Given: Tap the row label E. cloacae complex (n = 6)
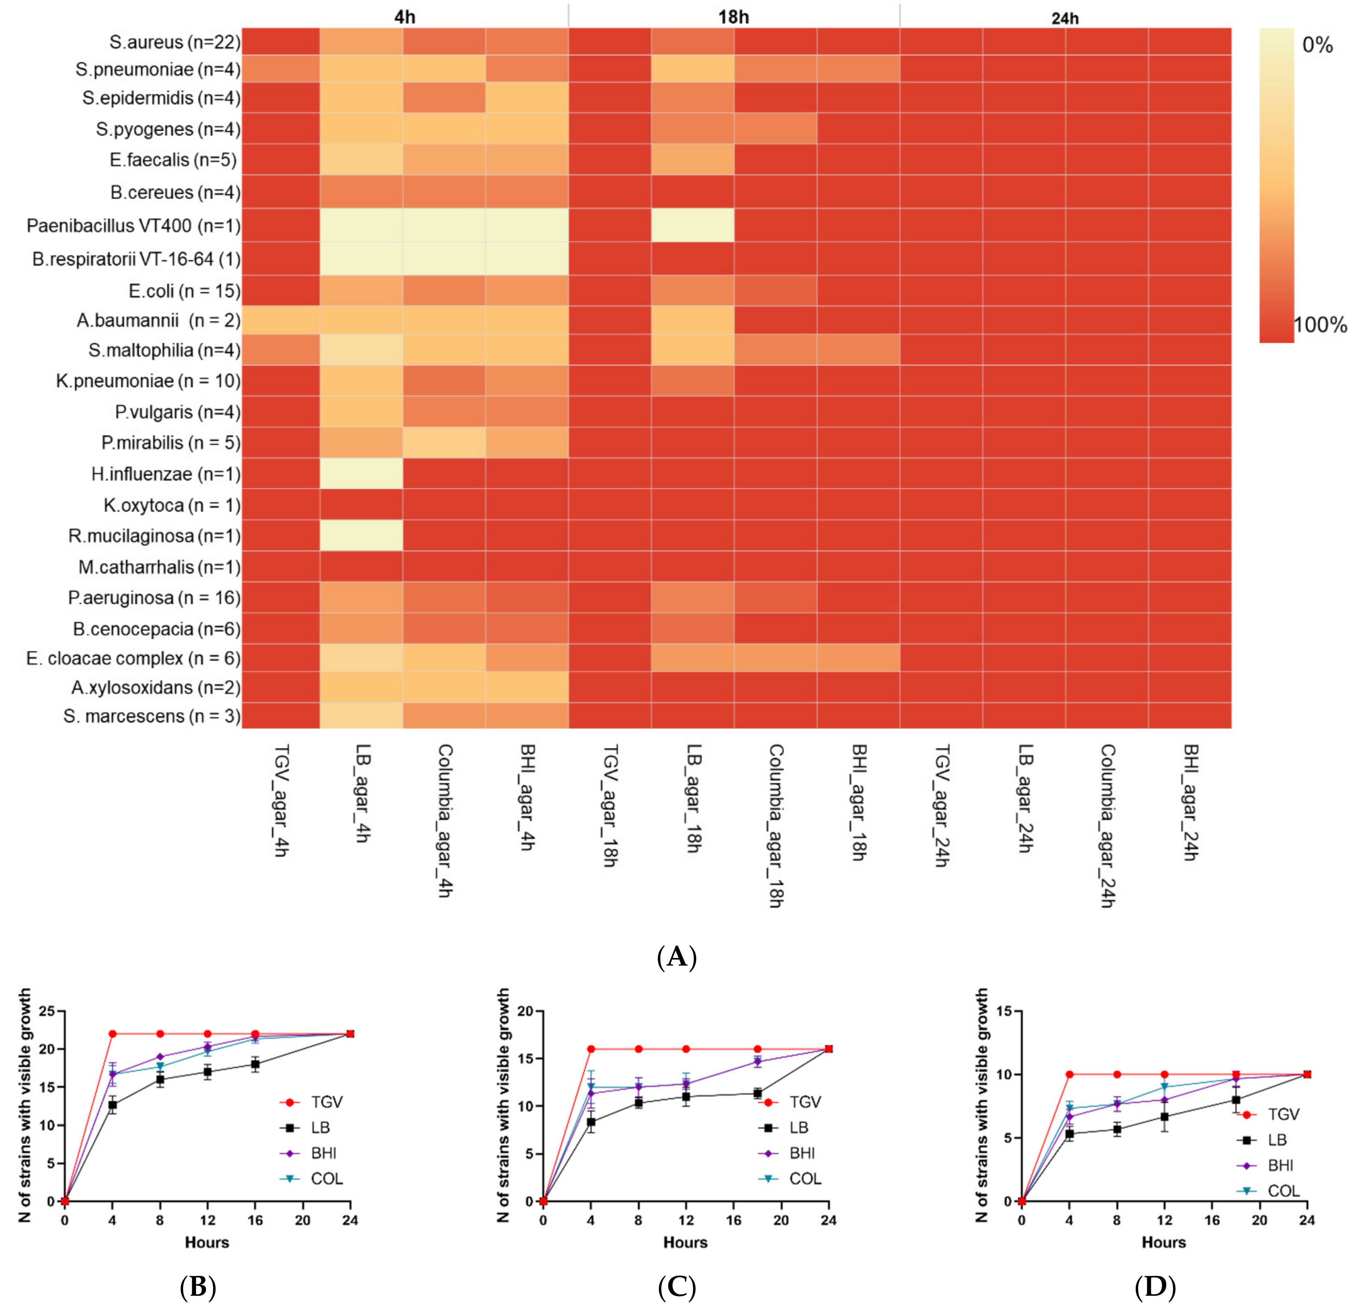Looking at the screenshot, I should pyautogui.click(x=133, y=658).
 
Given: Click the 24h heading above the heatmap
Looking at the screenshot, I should pyautogui.click(x=1065, y=18).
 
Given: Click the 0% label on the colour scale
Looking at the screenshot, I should pyautogui.click(x=1317, y=46).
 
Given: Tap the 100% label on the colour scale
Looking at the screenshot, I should pyautogui.click(x=1320, y=325).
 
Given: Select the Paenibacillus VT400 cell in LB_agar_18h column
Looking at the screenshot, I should pyautogui.click(x=692, y=225).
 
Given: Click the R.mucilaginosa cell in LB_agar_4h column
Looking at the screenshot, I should pyautogui.click(x=361, y=535).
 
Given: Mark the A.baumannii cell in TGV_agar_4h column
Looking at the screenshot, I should pyautogui.click(x=281, y=321).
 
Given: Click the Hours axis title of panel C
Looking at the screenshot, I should pyautogui.click(x=685, y=1242).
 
